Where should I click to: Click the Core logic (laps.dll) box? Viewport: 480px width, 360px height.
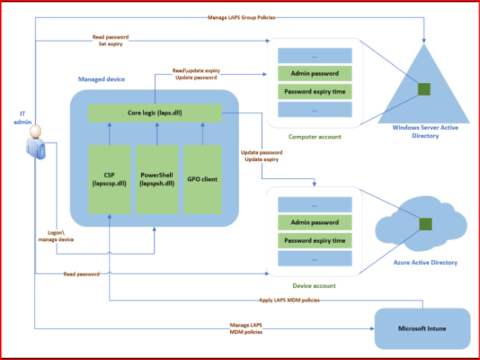155,113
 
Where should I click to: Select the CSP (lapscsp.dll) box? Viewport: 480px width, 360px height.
109,179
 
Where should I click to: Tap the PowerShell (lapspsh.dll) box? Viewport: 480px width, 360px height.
157,179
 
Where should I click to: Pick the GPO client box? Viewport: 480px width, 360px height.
203,179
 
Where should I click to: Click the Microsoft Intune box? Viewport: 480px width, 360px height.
422,329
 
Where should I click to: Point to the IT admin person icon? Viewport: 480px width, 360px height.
36,143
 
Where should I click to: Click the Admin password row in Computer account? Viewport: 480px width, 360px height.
315,73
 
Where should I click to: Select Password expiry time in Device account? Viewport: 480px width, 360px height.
315,240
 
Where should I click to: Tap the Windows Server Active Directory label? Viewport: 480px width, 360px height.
425,131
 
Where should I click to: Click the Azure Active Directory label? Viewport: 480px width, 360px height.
425,263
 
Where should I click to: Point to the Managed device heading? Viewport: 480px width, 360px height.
102,79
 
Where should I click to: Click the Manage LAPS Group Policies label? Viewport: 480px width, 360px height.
241,18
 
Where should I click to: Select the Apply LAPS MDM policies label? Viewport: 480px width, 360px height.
289,301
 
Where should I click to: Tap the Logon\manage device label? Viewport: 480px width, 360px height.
56,236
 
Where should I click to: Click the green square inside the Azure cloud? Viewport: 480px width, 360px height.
426,224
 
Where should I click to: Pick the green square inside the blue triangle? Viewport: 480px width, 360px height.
424,89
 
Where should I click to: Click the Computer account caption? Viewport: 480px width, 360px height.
315,137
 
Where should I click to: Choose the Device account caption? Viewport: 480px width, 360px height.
314,286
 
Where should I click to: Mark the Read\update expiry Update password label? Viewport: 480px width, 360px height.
196,74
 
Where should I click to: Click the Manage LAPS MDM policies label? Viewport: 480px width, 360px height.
246,328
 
